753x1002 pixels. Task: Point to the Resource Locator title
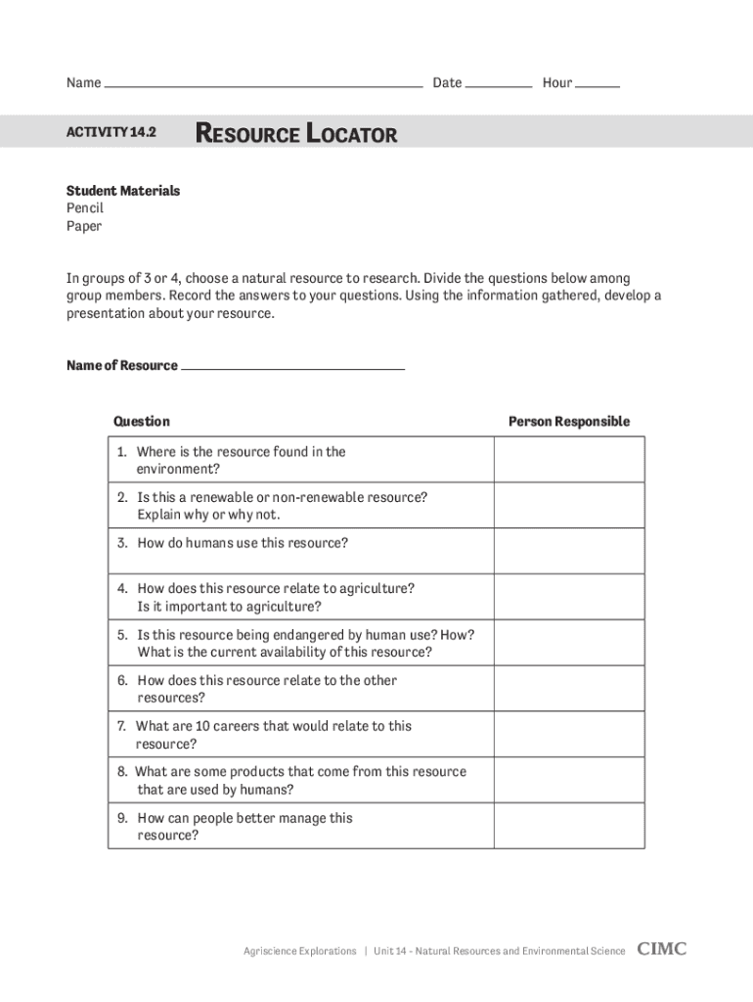coord(297,133)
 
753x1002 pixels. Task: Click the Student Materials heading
coord(123,191)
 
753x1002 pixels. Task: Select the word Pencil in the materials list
coord(85,208)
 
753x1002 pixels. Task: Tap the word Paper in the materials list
coord(84,226)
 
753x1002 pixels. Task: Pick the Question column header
coord(142,422)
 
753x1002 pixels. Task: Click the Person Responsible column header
coord(569,422)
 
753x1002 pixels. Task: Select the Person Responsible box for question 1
coord(569,460)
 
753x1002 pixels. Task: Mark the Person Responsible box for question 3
coord(569,551)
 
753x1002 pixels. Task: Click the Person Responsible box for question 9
coord(569,826)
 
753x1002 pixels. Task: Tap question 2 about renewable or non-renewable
coord(282,506)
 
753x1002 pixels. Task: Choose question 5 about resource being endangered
coord(304,643)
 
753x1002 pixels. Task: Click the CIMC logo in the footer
coord(662,949)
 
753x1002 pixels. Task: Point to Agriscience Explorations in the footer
coord(299,951)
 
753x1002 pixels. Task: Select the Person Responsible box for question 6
coord(569,688)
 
